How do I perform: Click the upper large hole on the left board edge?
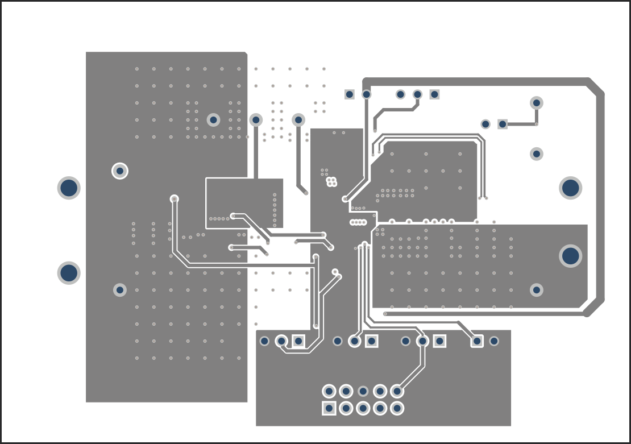click(x=69, y=188)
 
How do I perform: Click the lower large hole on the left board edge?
click(x=69, y=273)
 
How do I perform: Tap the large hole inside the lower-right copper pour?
click(x=570, y=256)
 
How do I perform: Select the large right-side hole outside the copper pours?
click(x=570, y=188)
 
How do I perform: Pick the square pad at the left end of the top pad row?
click(x=350, y=94)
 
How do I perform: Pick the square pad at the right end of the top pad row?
click(x=434, y=94)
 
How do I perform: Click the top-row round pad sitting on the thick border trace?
click(x=367, y=94)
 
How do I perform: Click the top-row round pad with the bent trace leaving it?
click(x=417, y=94)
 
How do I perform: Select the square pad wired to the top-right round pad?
click(x=503, y=124)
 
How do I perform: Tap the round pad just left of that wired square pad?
click(x=485, y=124)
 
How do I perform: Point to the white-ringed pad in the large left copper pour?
click(x=120, y=171)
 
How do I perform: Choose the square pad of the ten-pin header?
click(x=329, y=408)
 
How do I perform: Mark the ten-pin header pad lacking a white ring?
click(x=363, y=391)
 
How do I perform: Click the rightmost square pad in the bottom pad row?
click(x=477, y=341)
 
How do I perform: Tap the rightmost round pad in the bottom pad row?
click(x=494, y=341)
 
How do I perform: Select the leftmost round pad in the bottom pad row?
click(x=264, y=341)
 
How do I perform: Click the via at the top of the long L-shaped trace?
click(x=175, y=198)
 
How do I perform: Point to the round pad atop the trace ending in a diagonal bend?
click(x=298, y=120)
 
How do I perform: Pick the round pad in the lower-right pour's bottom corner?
click(x=537, y=290)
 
